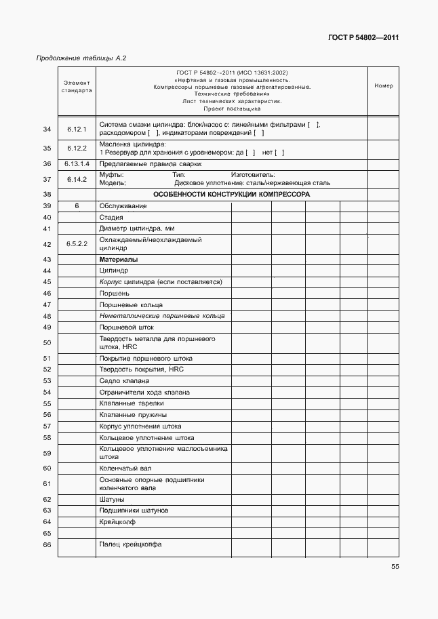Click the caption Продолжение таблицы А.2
[x=81, y=58]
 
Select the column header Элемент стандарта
[x=77, y=86]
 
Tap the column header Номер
[x=383, y=86]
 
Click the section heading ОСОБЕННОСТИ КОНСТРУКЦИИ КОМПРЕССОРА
[x=231, y=194]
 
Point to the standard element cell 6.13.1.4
[x=77, y=163]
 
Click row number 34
[x=47, y=129]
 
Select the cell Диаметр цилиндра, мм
[x=137, y=228]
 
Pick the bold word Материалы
[x=119, y=260]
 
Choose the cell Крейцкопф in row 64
[x=117, y=521]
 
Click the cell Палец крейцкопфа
[x=130, y=544]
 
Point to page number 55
[x=395, y=568]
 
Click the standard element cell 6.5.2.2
[x=77, y=243]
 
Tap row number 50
[x=47, y=343]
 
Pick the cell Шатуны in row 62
[x=112, y=499]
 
